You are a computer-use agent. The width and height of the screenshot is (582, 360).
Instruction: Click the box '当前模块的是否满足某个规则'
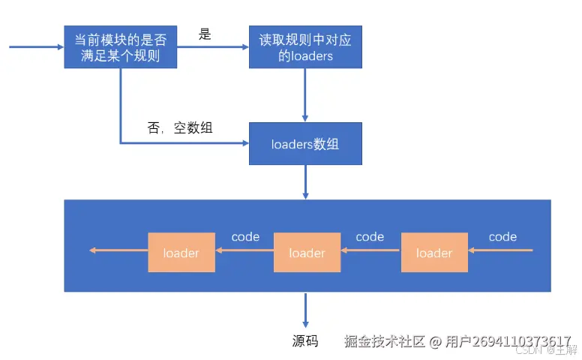[120, 46]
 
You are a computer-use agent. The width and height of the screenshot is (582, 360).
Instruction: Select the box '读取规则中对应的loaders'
[305, 46]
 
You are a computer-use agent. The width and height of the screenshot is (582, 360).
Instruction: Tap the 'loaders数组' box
[305, 143]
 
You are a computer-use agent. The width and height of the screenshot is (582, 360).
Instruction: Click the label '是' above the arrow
[205, 33]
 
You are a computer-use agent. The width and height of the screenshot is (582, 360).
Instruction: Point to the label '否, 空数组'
[180, 128]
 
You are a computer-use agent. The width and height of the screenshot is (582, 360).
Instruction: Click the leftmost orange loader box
[181, 253]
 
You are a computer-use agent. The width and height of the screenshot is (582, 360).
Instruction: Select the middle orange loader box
[307, 253]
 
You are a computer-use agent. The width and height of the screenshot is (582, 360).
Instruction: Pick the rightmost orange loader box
[434, 253]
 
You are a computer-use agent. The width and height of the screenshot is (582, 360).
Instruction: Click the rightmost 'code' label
[502, 237]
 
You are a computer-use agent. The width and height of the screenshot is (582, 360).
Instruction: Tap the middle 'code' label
[370, 237]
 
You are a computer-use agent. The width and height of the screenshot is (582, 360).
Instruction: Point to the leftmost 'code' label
[245, 237]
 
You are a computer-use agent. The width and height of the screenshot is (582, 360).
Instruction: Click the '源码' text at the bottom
[305, 341]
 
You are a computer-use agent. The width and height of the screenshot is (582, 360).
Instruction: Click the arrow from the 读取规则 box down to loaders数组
[305, 94]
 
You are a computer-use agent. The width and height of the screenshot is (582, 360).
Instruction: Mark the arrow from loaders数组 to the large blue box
[305, 182]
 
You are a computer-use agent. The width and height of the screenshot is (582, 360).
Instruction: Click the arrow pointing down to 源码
[305, 309]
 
